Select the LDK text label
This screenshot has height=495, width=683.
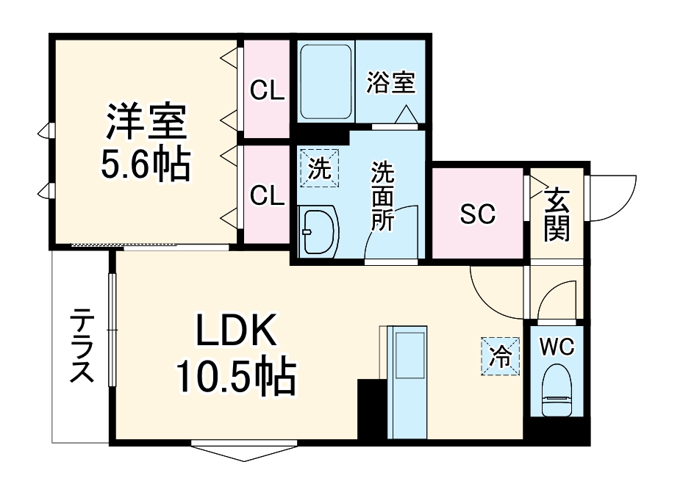(x=235, y=332)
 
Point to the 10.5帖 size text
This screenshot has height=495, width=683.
(x=235, y=377)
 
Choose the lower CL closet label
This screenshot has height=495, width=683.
(x=268, y=195)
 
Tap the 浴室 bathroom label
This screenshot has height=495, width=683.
(x=391, y=82)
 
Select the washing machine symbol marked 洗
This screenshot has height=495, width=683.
(x=319, y=170)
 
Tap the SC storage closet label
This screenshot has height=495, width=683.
(x=478, y=214)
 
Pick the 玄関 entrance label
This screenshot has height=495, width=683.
(x=557, y=215)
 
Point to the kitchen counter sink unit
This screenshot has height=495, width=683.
(x=407, y=382)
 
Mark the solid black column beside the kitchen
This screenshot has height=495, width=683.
(x=371, y=409)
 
